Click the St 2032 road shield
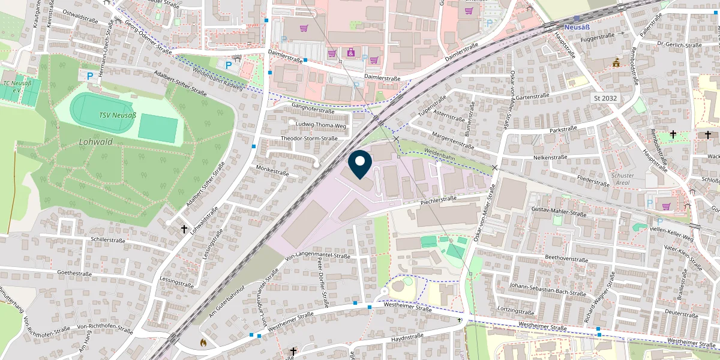[x=605, y=97]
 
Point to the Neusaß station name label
[x=580, y=28]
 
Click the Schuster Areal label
[x=622, y=179]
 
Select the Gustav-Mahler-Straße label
[x=559, y=212]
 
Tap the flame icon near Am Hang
[x=203, y=343]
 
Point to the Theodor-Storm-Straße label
[x=309, y=138]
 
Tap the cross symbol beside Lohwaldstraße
[x=184, y=229]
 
